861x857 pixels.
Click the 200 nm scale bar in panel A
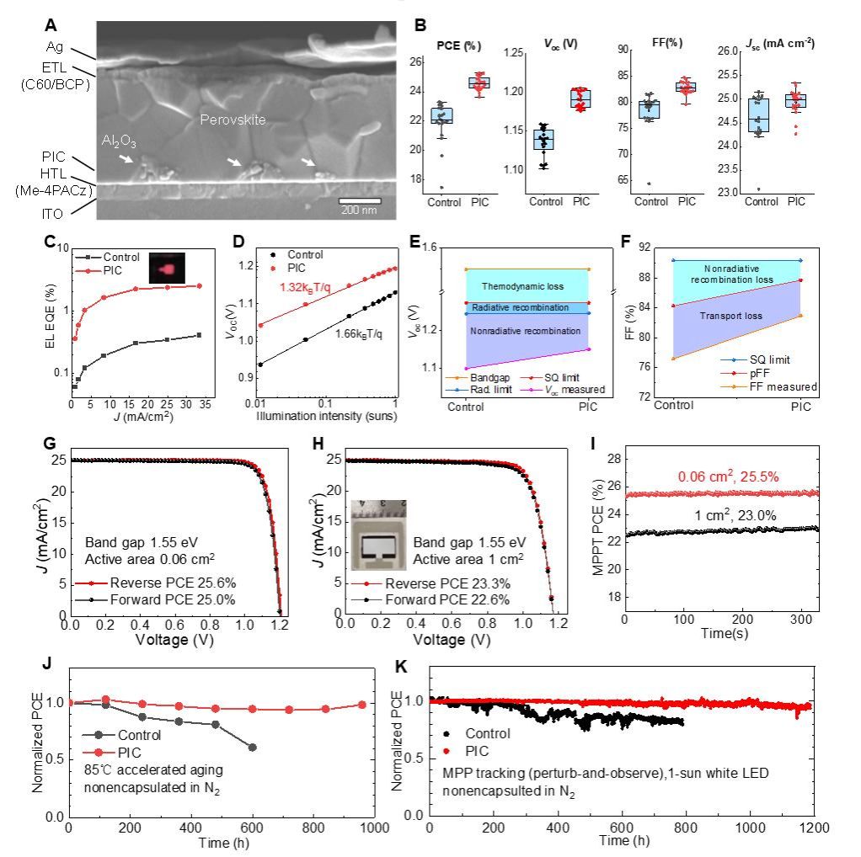(x=360, y=200)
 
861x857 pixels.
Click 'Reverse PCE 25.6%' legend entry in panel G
(x=158, y=582)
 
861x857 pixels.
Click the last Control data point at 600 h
(x=253, y=748)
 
